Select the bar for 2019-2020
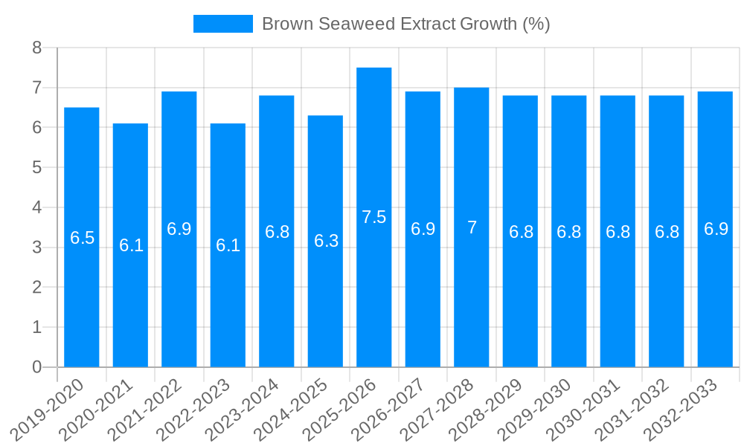click(x=82, y=297)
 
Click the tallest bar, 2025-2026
click(x=374, y=297)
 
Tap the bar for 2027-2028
click(x=472, y=297)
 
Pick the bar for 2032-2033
click(x=715, y=297)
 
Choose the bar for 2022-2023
click(x=228, y=297)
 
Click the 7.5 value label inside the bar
click(x=374, y=217)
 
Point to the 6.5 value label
click(x=82, y=238)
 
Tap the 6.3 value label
click(x=326, y=241)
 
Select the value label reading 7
click(x=472, y=227)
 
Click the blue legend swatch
click(x=222, y=24)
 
